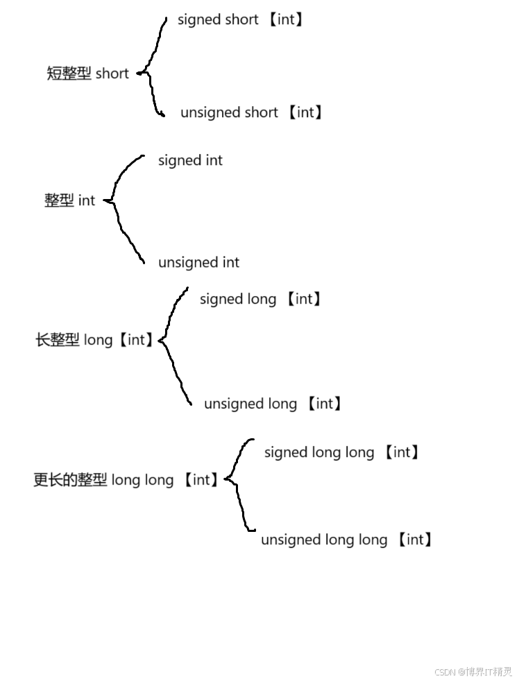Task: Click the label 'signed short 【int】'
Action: coord(240,19)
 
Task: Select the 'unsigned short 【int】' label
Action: coord(251,112)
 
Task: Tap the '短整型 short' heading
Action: coord(87,74)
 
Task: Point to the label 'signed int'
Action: coord(190,160)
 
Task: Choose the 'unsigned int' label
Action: coord(198,262)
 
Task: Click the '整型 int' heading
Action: coord(69,200)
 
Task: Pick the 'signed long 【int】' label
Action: coord(261,299)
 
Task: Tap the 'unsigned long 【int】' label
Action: coord(273,404)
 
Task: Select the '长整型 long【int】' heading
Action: coord(94,340)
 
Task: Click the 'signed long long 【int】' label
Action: coord(342,452)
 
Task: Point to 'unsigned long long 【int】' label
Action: coord(347,540)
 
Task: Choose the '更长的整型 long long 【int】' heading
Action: coord(127,480)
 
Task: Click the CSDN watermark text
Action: coord(473,671)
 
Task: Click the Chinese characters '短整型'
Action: coord(69,74)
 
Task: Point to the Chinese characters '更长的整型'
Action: coord(70,480)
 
